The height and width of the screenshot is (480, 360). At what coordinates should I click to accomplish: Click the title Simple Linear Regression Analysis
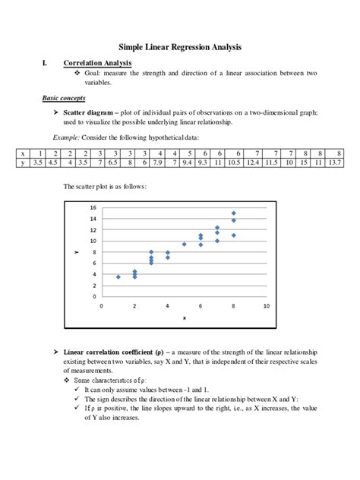point(180,47)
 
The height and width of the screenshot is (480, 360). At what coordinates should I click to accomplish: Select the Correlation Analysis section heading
point(97,63)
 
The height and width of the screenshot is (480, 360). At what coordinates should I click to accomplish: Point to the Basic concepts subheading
point(64,99)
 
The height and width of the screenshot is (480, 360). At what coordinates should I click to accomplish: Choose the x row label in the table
point(24,153)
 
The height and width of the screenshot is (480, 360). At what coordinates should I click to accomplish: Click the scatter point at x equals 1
point(118,277)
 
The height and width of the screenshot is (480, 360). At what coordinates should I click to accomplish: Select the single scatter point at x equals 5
point(184,245)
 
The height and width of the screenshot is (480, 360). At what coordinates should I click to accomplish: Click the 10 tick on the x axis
point(266,306)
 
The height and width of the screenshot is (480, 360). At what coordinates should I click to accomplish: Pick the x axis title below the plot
point(183,317)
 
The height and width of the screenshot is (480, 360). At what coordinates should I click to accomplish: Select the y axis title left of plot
point(77,252)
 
